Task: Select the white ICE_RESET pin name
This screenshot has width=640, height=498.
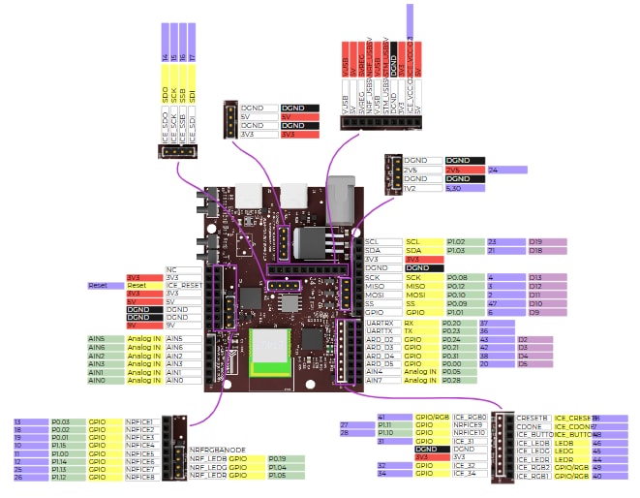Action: click(x=183, y=286)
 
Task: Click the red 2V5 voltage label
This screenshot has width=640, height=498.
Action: click(x=464, y=170)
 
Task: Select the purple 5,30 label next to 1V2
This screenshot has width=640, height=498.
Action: click(x=464, y=189)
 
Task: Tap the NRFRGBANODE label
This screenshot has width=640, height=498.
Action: click(x=216, y=450)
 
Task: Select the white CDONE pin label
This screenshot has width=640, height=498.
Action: click(x=533, y=426)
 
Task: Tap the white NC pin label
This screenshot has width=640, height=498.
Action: click(x=183, y=268)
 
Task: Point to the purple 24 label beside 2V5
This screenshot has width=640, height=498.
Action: click(x=506, y=170)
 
